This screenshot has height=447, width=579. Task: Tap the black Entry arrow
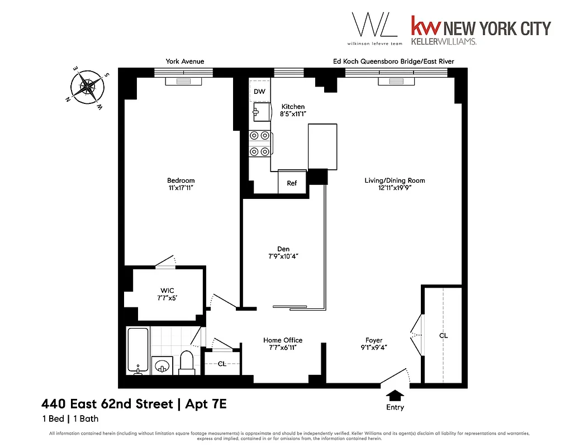(x=395, y=395)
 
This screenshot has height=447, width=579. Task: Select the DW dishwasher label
(x=259, y=92)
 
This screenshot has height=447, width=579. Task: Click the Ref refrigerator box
(x=292, y=183)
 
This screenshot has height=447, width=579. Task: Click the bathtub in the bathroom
(x=138, y=351)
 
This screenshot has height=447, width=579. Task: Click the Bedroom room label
(x=181, y=180)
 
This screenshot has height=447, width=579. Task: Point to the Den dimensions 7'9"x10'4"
(x=283, y=258)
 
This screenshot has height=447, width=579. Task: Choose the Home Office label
(x=283, y=340)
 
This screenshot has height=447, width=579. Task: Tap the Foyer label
(x=374, y=340)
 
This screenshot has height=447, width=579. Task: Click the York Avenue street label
(x=184, y=61)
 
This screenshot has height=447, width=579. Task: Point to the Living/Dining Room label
(x=395, y=180)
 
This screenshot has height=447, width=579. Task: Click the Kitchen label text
(x=293, y=107)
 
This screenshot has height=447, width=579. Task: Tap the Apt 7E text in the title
(x=206, y=403)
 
